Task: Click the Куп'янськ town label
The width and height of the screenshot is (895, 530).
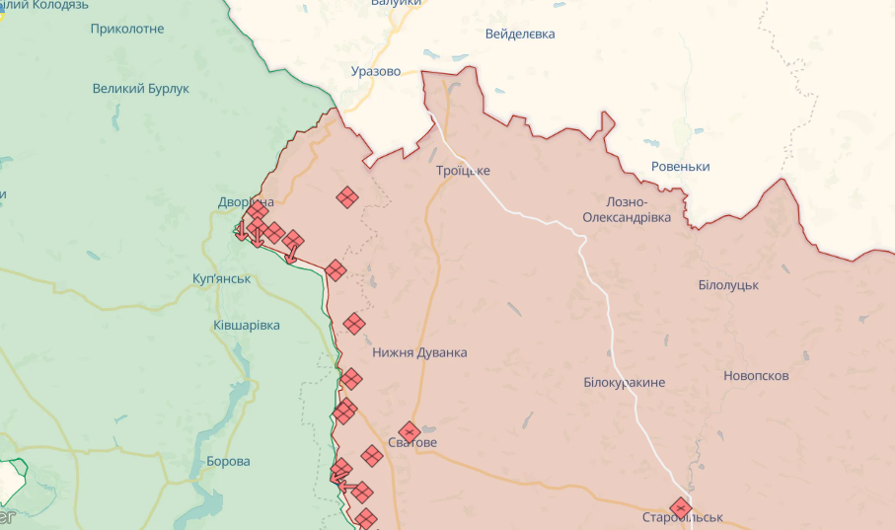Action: (222, 279)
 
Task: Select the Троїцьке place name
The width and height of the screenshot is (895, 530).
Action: (463, 171)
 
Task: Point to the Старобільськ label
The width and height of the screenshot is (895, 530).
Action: (682, 518)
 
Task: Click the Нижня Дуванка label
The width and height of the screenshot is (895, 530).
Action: (419, 352)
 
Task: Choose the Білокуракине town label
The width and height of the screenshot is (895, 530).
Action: (624, 382)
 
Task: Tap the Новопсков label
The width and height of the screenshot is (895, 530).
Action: (756, 376)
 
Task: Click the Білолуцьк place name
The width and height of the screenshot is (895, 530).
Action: (727, 285)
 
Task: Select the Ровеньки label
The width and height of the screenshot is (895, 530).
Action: (681, 167)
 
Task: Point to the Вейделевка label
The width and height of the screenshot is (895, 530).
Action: (520, 35)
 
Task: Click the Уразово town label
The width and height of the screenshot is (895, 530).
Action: (376, 71)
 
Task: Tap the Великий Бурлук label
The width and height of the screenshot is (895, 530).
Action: (140, 89)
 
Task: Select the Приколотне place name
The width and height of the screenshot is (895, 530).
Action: (126, 29)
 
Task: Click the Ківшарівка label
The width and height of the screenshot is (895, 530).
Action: (247, 325)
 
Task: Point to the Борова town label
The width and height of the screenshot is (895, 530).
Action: (228, 461)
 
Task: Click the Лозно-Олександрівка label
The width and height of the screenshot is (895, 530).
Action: (626, 208)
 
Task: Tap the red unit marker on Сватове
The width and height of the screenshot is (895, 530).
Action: (408, 431)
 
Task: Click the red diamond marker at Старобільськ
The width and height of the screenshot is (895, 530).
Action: (680, 507)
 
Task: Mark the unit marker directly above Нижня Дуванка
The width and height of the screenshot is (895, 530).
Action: (354, 323)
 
